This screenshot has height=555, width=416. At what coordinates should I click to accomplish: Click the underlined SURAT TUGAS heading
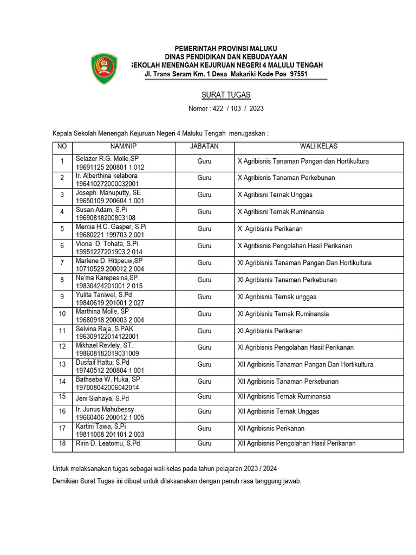226,95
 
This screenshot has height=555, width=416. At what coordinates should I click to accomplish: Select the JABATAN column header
204,146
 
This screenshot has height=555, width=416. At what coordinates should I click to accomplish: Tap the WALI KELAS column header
319,146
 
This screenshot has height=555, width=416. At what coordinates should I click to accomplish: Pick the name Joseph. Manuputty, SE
108,192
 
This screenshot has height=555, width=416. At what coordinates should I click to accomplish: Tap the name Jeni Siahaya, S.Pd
102,398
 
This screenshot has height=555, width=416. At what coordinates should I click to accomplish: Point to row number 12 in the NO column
62,346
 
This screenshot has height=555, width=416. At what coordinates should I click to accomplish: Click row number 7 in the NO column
62,263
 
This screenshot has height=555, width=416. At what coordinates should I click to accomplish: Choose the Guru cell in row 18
204,443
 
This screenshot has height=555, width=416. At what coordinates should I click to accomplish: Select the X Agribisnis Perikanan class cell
270,229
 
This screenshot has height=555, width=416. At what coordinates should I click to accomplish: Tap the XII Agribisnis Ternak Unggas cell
278,411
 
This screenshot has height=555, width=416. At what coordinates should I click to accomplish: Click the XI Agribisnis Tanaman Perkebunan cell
287,280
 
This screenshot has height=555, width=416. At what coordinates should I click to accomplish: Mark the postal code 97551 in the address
298,74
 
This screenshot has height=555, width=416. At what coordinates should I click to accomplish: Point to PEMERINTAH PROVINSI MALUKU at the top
226,49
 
